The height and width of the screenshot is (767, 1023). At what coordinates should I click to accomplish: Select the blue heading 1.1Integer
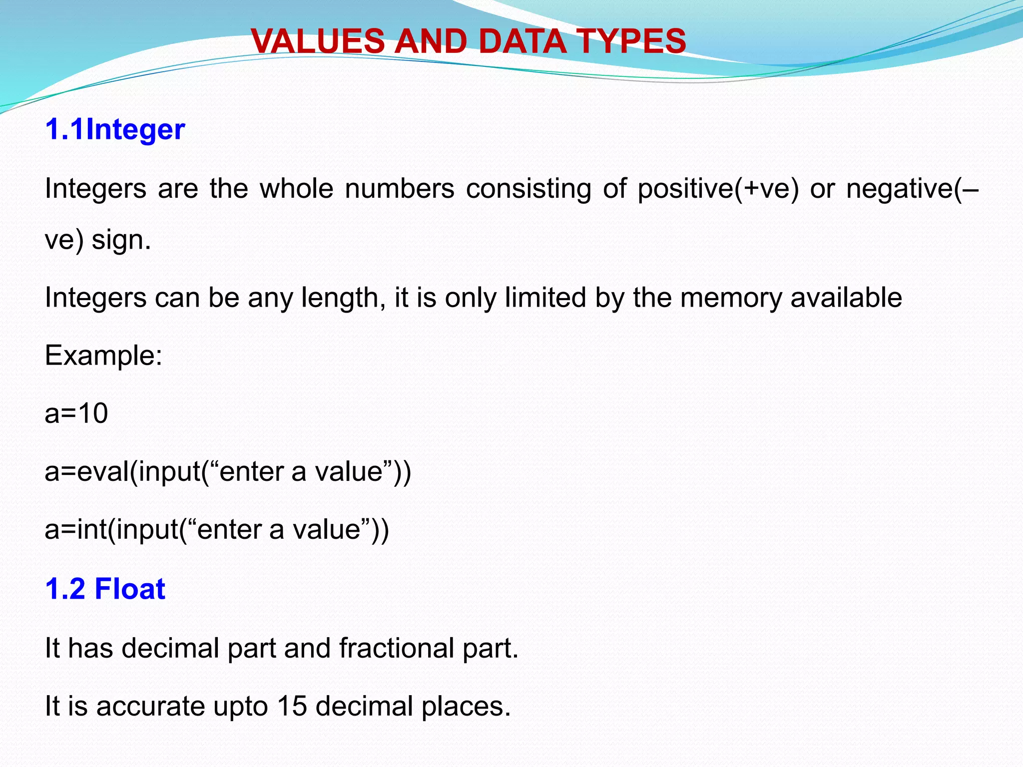pos(115,129)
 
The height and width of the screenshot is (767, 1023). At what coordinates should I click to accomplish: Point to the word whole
pos(296,189)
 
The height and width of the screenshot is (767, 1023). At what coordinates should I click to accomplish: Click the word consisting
pos(528,189)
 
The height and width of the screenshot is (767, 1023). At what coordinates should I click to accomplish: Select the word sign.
pos(121,240)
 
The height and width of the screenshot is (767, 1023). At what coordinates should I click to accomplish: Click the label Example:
pos(103,356)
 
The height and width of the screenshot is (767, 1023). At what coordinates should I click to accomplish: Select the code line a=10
pos(76,413)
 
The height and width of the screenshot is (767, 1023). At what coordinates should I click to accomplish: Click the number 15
pos(292,706)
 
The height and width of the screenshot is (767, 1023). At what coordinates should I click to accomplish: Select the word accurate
pos(150,706)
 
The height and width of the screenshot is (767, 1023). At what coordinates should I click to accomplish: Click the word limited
pos(545,298)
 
